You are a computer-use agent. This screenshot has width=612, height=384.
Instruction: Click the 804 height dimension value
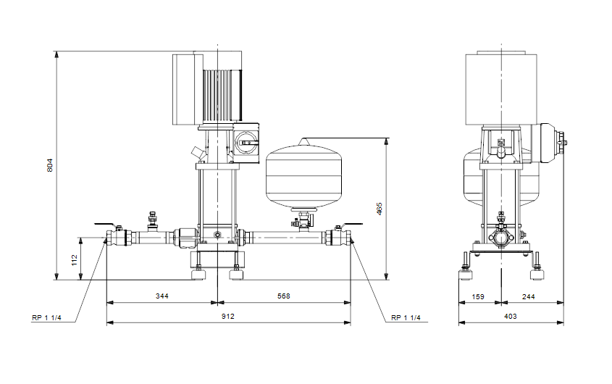coord(49,165)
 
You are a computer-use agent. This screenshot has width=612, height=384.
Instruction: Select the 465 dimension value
coord(379,209)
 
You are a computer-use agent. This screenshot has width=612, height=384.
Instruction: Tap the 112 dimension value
coord(75,260)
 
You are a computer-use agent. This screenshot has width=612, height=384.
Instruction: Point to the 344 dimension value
coord(162,296)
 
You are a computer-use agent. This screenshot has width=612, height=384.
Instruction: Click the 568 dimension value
coord(284,296)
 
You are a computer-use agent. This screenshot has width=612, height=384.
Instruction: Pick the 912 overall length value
coord(228,316)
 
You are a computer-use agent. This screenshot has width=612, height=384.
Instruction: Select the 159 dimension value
coord(478,297)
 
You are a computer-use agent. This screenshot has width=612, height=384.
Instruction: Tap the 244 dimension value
coord(529,297)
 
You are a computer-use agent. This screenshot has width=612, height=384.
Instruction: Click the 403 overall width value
coord(510,316)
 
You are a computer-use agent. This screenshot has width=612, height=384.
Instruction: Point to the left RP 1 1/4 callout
coord(46,317)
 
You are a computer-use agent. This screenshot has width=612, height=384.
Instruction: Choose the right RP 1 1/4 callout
coord(406,317)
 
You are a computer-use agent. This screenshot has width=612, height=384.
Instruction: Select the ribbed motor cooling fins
coord(222,95)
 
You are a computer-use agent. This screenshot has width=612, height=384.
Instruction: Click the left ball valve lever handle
coord(106,225)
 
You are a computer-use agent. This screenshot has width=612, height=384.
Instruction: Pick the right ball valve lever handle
coord(352,225)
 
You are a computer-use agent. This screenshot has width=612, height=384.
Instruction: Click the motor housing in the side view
coord(501,89)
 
